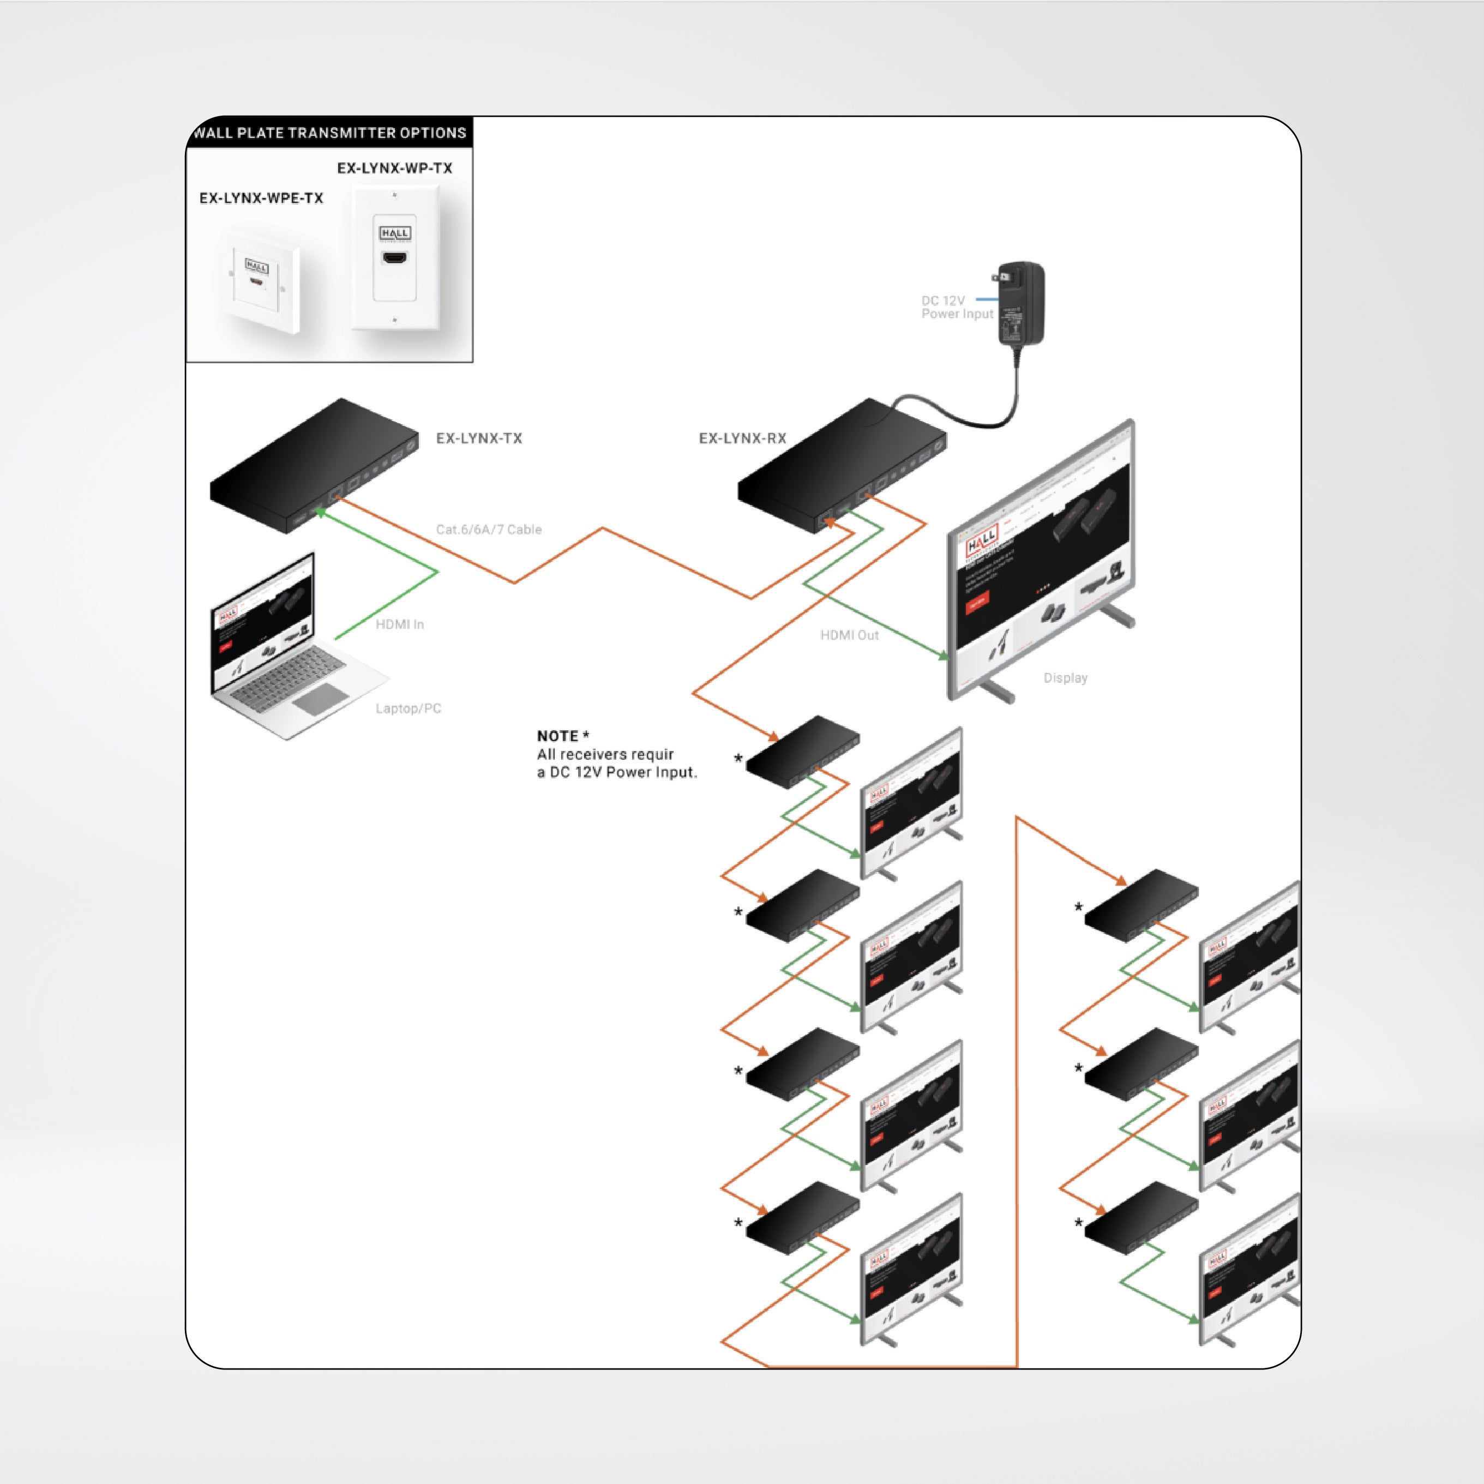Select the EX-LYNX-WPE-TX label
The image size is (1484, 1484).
click(261, 198)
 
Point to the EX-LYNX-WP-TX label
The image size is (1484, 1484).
click(394, 168)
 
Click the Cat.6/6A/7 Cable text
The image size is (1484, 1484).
click(489, 529)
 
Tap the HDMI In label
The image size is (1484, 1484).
click(399, 624)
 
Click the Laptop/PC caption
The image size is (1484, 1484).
click(408, 708)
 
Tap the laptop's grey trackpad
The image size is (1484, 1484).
click(320, 698)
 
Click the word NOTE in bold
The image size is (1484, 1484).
click(557, 736)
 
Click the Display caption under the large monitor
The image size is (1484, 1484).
click(1065, 678)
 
